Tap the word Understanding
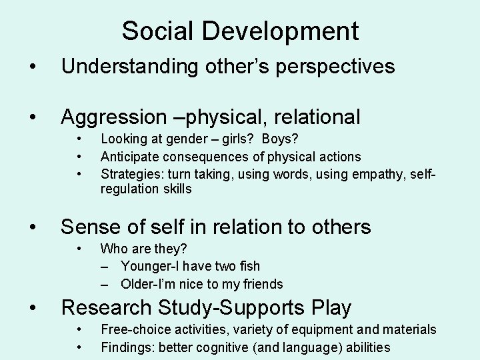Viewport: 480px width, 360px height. click(127, 67)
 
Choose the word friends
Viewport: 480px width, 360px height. click(261, 284)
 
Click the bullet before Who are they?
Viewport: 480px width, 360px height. click(79, 249)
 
